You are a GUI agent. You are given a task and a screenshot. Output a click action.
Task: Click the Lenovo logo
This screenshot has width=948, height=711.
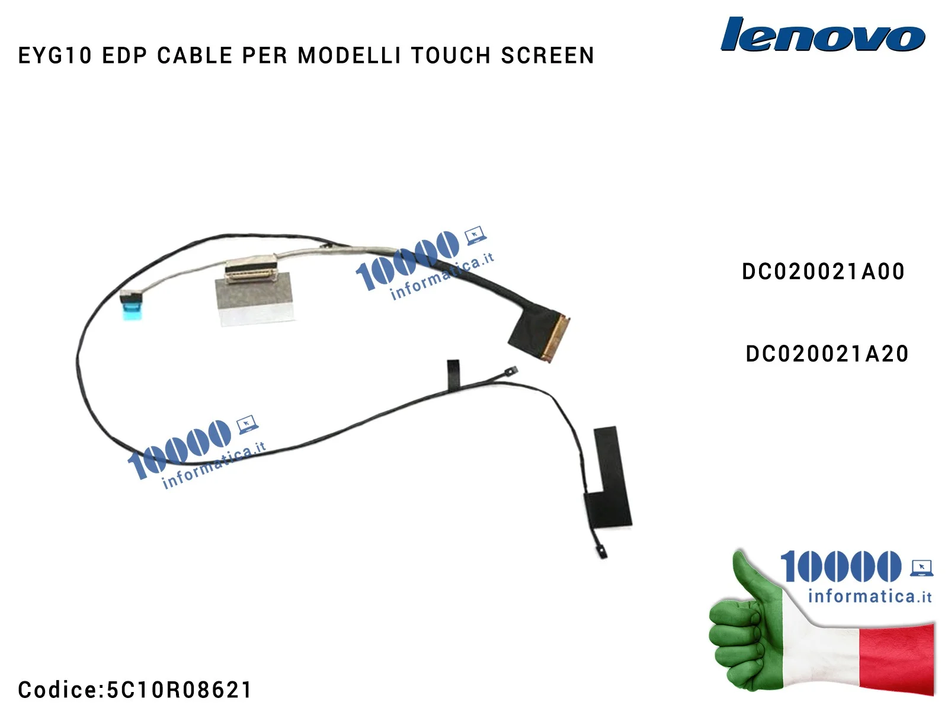click(x=822, y=35)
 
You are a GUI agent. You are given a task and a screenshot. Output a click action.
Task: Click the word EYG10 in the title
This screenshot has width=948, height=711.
click(x=55, y=56)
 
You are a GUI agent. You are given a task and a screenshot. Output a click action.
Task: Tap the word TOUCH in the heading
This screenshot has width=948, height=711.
click(x=451, y=56)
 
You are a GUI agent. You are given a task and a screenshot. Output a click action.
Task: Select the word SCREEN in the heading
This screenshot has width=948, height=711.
click(x=547, y=56)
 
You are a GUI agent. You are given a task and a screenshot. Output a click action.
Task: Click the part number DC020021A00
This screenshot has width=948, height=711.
click(x=823, y=272)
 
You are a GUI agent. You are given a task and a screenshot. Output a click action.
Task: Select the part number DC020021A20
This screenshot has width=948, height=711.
click(x=827, y=354)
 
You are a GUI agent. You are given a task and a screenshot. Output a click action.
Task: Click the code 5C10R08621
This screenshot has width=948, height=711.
click(x=179, y=690)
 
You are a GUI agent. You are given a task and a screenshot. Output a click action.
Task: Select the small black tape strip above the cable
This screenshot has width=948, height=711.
click(x=453, y=374)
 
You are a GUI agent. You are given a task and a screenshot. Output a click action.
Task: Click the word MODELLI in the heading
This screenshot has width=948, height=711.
click(x=349, y=56)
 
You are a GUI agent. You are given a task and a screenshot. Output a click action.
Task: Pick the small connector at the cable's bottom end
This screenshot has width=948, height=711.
click(x=602, y=552)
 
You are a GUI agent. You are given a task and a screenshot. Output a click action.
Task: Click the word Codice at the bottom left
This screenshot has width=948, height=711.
click(x=57, y=690)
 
